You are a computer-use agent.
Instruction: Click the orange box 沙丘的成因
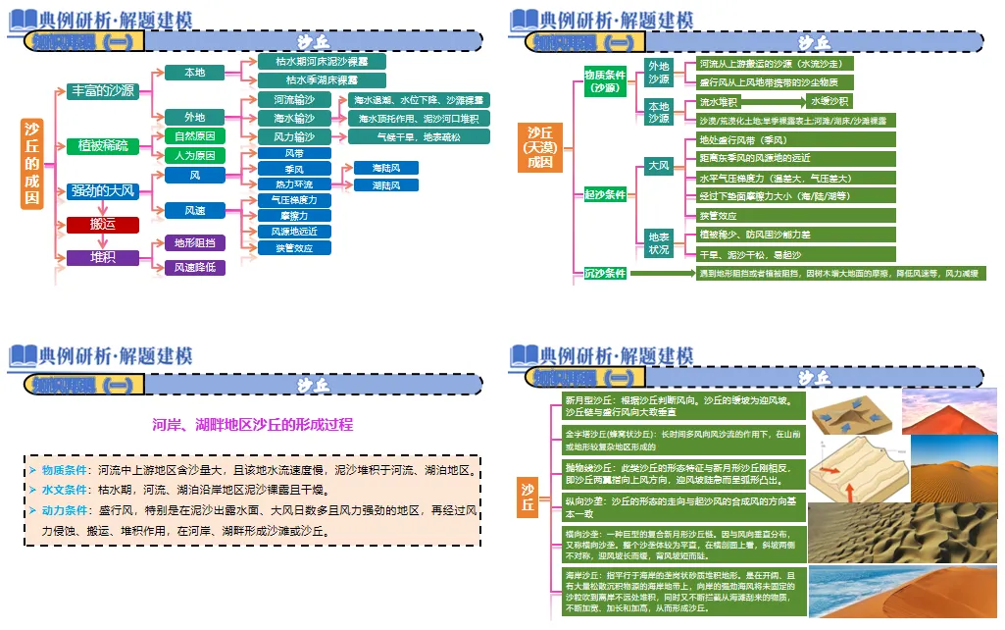(x=32, y=163)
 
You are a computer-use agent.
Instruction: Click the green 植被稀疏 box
(x=103, y=146)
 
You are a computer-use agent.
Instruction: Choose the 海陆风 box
(x=378, y=168)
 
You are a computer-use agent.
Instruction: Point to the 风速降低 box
(x=194, y=267)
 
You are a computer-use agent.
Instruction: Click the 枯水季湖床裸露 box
(x=322, y=79)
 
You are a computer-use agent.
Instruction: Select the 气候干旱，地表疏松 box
(x=418, y=136)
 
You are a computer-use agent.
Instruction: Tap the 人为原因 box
(x=194, y=155)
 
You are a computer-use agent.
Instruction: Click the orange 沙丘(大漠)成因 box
(x=540, y=147)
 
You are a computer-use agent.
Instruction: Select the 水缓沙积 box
(x=829, y=101)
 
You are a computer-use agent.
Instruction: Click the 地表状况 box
(x=658, y=242)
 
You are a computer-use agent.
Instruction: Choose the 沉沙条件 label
(x=605, y=273)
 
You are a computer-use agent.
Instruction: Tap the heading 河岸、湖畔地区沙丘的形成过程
(x=252, y=424)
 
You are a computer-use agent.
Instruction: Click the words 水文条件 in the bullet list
(x=65, y=488)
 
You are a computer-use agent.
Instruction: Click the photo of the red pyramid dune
(x=947, y=411)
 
